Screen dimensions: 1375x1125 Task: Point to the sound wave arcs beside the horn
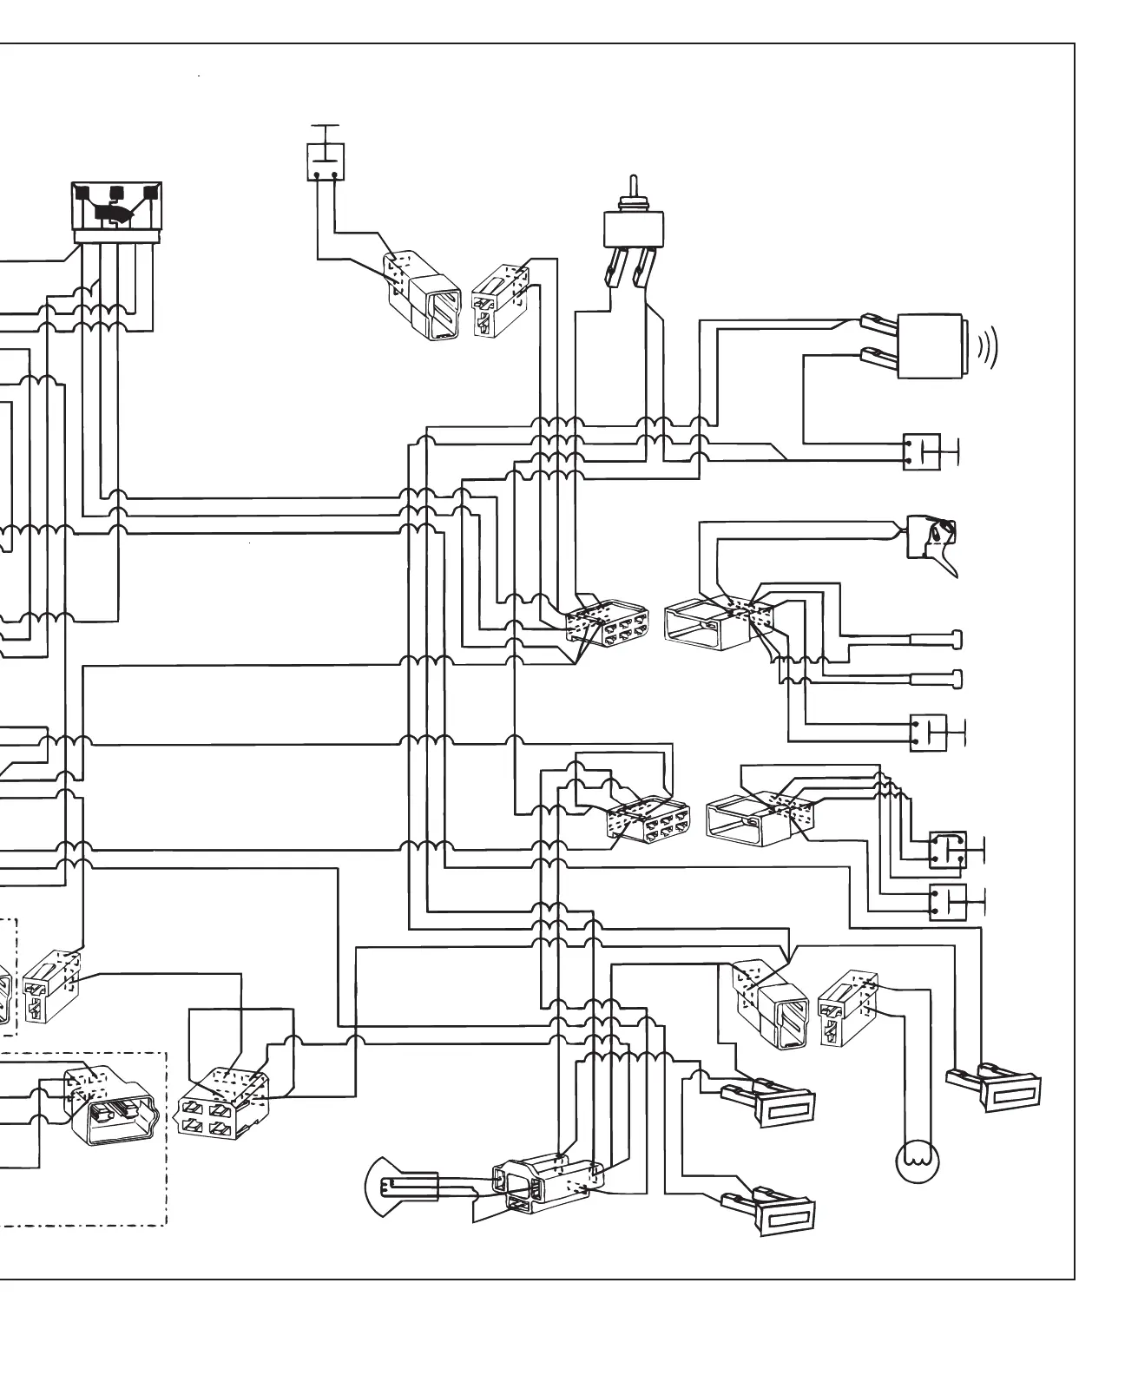pyautogui.click(x=988, y=347)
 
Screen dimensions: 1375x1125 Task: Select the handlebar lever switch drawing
pyautogui.click(x=933, y=540)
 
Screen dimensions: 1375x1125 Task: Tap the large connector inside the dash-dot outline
pyautogui.click(x=113, y=1105)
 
